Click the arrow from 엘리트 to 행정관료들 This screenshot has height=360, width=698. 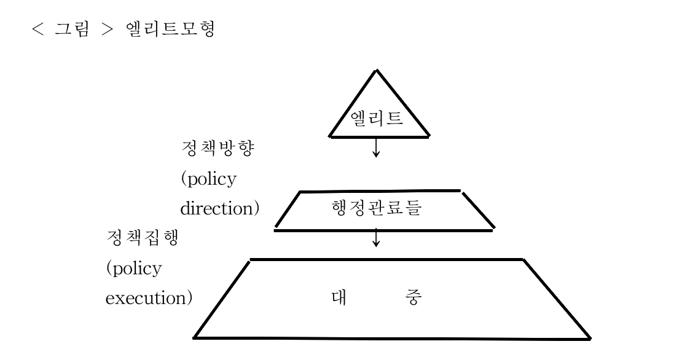click(376, 149)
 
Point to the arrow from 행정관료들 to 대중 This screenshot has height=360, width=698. click(376, 238)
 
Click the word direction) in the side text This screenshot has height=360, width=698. click(219, 208)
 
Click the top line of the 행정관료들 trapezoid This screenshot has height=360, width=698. click(380, 191)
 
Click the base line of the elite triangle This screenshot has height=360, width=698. click(379, 135)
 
